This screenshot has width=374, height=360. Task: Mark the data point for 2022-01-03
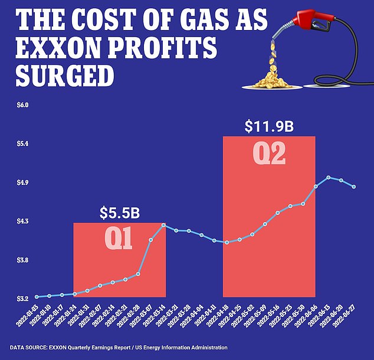pyautogui.click(x=37, y=296)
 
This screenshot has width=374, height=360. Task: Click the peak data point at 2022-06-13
pyautogui.click(x=329, y=178)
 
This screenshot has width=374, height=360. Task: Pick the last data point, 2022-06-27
pyautogui.click(x=354, y=187)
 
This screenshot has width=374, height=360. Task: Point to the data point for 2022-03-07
pyautogui.click(x=150, y=240)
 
